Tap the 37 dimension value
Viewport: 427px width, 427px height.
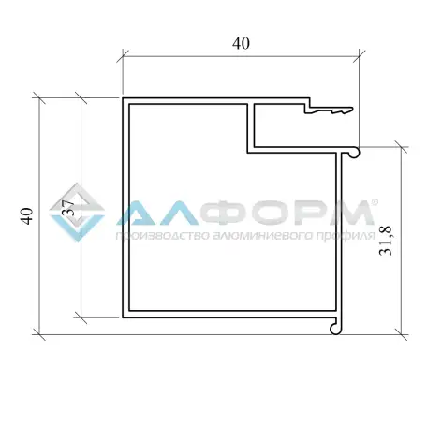click(x=67, y=209)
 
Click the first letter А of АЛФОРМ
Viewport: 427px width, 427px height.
click(x=138, y=214)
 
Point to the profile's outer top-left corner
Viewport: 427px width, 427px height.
click(x=124, y=97)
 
